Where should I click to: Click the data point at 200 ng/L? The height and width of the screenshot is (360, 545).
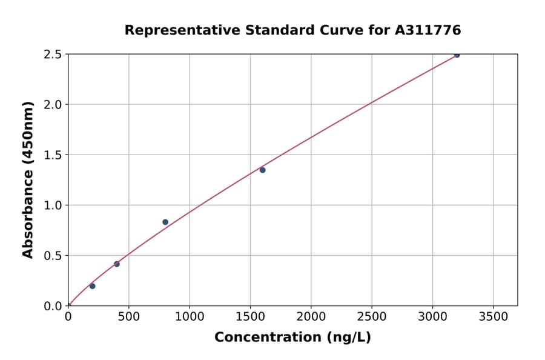click(92, 286)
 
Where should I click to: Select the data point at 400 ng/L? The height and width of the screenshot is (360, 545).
click(117, 264)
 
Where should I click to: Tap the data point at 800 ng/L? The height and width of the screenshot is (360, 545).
click(165, 222)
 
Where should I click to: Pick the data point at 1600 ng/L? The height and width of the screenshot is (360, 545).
click(262, 170)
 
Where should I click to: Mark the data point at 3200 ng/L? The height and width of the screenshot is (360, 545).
click(457, 55)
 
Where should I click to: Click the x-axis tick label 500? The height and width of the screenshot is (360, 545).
click(128, 317)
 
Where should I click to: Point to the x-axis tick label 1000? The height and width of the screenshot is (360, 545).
click(189, 317)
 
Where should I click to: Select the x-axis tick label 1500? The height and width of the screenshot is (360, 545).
click(250, 317)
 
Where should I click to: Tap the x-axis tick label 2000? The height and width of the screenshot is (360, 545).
click(311, 317)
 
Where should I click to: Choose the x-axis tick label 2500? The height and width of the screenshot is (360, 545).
click(372, 317)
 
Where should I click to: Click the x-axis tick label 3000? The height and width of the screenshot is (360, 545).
click(432, 317)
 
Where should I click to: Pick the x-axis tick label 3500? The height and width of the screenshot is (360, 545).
click(493, 317)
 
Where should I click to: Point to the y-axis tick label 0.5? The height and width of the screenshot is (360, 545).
click(53, 256)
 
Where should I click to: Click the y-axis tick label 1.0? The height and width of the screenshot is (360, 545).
click(53, 205)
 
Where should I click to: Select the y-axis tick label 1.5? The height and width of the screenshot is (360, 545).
click(53, 155)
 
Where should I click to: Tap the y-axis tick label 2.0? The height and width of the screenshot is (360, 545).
click(53, 105)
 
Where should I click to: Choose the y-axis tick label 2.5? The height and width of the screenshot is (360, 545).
click(53, 55)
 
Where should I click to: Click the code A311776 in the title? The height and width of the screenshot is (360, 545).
click(428, 30)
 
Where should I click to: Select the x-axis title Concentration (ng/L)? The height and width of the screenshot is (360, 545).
click(292, 337)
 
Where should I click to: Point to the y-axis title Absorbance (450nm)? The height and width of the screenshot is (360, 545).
click(28, 179)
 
